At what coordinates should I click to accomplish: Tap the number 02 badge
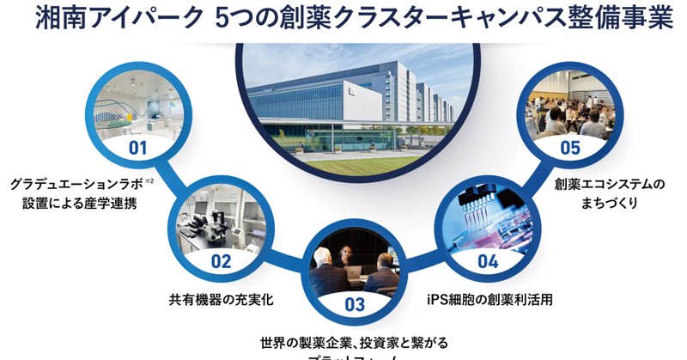click(221, 261)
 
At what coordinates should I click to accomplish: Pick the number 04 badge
click(487, 261)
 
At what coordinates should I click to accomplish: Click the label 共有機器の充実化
click(221, 302)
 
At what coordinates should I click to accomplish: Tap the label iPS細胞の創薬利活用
click(488, 302)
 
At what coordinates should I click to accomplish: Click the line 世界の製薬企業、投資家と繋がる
click(355, 342)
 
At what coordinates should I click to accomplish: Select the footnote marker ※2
click(149, 180)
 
